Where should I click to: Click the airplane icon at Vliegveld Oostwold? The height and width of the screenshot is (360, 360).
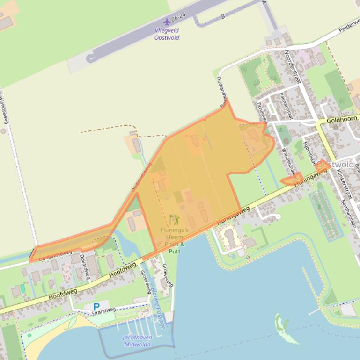167,22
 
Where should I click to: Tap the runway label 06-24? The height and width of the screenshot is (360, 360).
178,17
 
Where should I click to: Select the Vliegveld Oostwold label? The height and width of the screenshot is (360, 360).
167,34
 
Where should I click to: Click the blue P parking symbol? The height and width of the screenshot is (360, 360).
96,307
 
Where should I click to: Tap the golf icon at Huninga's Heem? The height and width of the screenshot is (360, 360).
174,220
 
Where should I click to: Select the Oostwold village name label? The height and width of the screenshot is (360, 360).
335,165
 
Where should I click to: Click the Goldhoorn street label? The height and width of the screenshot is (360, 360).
342,120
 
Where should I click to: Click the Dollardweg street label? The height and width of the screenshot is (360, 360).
85,266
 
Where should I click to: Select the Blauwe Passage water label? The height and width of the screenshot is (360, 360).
157,307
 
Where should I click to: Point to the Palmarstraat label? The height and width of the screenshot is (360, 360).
285,106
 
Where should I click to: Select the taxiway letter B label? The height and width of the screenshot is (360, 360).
223,16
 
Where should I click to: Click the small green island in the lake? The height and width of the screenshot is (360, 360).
281,323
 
